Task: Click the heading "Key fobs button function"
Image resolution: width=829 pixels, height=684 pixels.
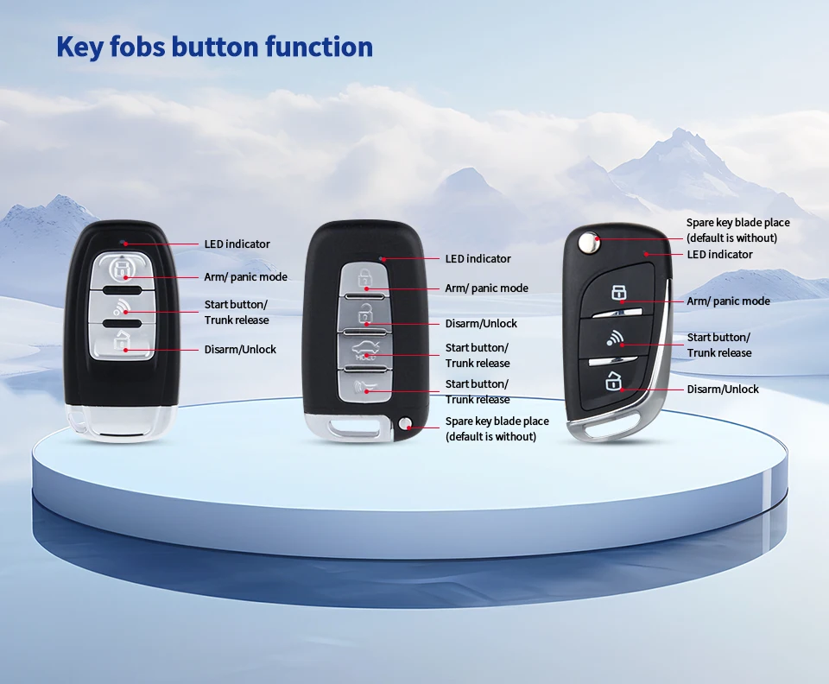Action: [214, 47]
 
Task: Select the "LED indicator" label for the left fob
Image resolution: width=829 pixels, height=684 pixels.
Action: [237, 244]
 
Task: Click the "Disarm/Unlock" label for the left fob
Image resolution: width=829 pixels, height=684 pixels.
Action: [240, 350]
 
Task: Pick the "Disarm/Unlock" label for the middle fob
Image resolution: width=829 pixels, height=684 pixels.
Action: [481, 324]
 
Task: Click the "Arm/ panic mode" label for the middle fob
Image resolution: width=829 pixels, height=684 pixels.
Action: [486, 288]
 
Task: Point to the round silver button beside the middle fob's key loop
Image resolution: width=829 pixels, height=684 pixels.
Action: [407, 423]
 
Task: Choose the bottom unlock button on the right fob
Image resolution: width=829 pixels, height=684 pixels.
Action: [614, 380]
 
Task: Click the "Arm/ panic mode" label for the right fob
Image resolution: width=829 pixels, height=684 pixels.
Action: [728, 301]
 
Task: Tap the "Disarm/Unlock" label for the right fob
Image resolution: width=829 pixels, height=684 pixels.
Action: [723, 389]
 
